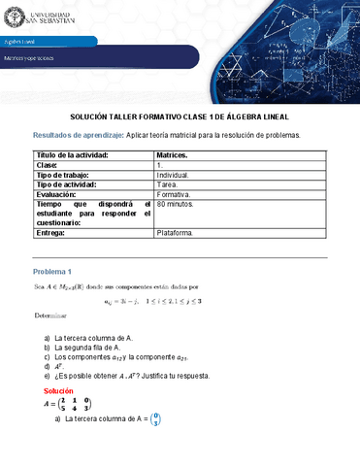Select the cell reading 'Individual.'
coord(178,176)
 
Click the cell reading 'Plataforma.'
coord(178,234)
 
